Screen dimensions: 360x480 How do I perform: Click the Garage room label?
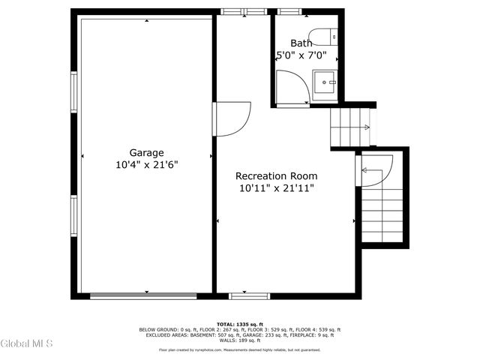[146, 152]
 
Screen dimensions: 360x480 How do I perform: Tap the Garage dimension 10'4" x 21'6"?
[146, 164]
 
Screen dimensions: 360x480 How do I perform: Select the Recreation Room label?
[275, 176]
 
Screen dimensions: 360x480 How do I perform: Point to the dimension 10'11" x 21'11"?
[275, 188]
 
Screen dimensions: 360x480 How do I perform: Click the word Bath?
[301, 43]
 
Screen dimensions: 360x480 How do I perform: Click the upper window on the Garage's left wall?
[73, 91]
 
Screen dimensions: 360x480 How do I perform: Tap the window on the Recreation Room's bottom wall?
[250, 295]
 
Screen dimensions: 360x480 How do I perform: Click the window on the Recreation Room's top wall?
[244, 11]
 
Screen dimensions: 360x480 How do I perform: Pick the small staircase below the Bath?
[351, 127]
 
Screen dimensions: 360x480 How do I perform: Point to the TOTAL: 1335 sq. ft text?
[239, 323]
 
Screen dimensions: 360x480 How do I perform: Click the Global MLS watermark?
[27, 343]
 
